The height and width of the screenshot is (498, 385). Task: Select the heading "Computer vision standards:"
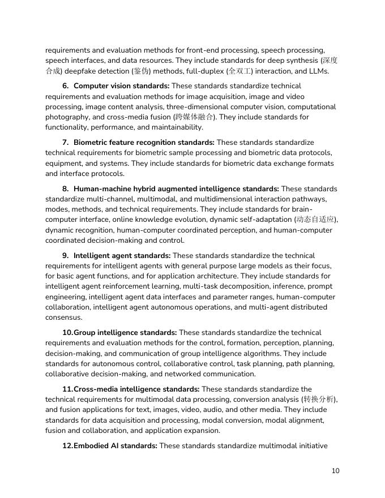pyautogui.click(x=121, y=86)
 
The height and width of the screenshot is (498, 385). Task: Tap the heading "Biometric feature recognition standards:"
pyautogui.click(x=144, y=143)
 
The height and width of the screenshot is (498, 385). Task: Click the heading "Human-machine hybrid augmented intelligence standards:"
pyautogui.click(x=176, y=189)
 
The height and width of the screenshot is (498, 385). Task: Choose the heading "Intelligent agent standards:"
pyautogui.click(x=122, y=256)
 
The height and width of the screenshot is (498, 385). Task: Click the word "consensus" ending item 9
pyautogui.click(x=63, y=317)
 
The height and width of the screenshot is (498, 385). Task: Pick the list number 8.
pyautogui.click(x=65, y=189)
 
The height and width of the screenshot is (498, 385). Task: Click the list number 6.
pyautogui.click(x=65, y=86)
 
